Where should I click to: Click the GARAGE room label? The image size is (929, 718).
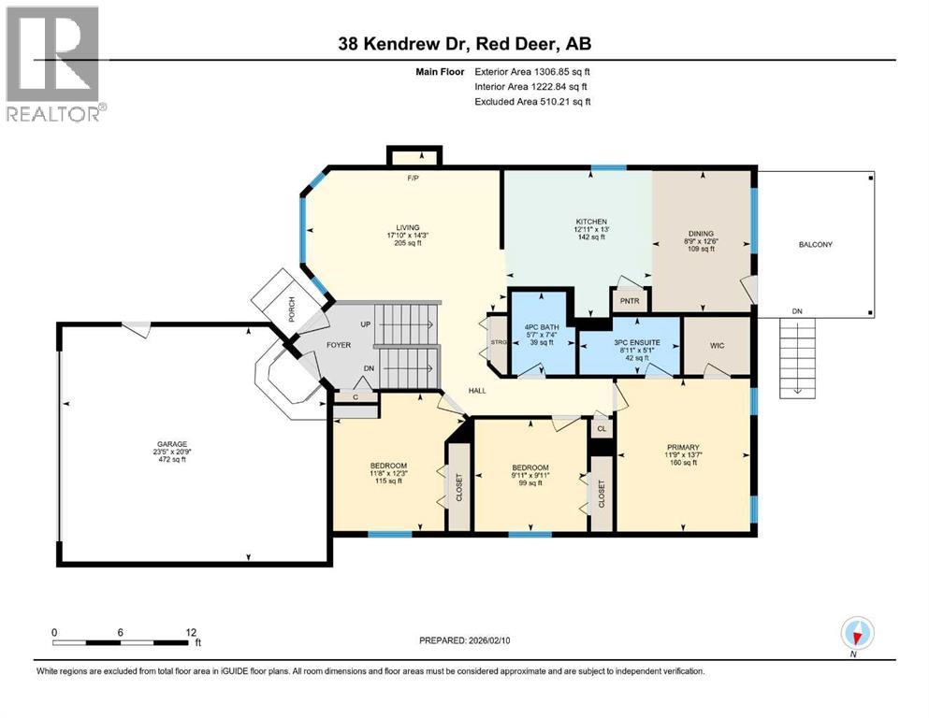point(170,444)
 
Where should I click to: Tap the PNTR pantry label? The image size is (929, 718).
point(624,302)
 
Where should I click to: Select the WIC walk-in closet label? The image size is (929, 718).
point(717,346)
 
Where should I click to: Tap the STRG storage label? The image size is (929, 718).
point(497,343)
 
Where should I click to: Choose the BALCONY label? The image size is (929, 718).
point(815,245)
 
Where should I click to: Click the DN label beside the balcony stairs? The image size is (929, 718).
point(796,312)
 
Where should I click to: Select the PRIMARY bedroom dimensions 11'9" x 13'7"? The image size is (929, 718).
point(684,455)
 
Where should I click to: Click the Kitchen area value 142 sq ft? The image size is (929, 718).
point(590,237)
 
